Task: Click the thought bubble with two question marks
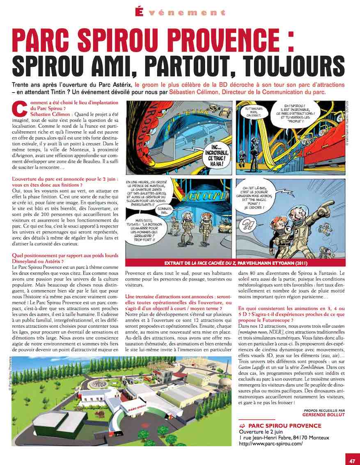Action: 249,225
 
